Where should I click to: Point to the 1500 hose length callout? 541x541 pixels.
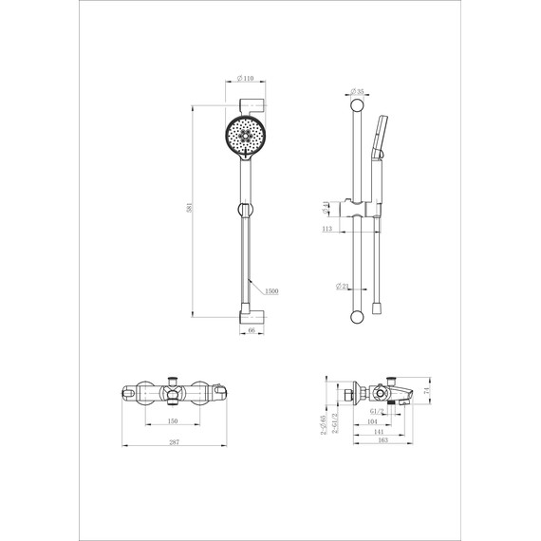(x=271, y=292)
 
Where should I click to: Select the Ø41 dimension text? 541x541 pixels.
(x=325, y=206)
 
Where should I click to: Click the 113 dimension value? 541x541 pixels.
(x=326, y=229)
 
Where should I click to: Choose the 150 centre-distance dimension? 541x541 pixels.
(x=173, y=422)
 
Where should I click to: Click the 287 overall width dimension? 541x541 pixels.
(x=173, y=444)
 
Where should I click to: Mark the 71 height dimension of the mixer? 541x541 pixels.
(x=427, y=390)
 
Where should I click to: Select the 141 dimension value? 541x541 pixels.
(x=380, y=431)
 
